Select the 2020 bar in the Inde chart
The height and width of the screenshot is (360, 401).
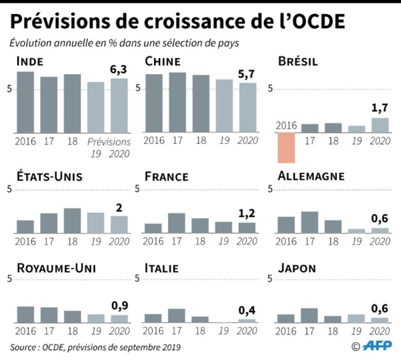[118, 105]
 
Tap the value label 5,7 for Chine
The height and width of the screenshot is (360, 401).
[247, 73]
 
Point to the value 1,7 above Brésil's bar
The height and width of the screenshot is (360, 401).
[380, 108]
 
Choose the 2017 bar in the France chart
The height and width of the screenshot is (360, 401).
[177, 222]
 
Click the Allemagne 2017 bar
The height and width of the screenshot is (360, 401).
[309, 221]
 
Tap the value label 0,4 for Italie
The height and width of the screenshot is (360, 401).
[247, 309]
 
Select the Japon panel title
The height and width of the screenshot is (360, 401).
[297, 268]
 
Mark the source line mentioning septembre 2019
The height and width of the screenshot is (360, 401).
[94, 347]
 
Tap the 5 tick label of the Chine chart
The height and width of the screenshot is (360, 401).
[139, 88]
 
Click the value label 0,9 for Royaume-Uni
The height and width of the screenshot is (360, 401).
[118, 304]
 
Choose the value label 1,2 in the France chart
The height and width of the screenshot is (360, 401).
[247, 213]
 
